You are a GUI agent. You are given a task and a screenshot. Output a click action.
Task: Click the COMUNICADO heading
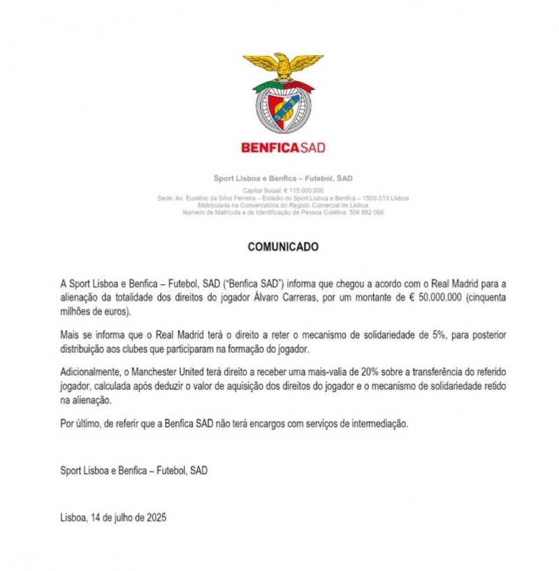[x=283, y=247]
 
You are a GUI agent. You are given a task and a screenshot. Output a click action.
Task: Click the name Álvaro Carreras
[x=320, y=297]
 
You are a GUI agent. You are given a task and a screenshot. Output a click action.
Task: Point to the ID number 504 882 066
[x=365, y=212]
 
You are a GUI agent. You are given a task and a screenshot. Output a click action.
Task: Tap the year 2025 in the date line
[x=156, y=519]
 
